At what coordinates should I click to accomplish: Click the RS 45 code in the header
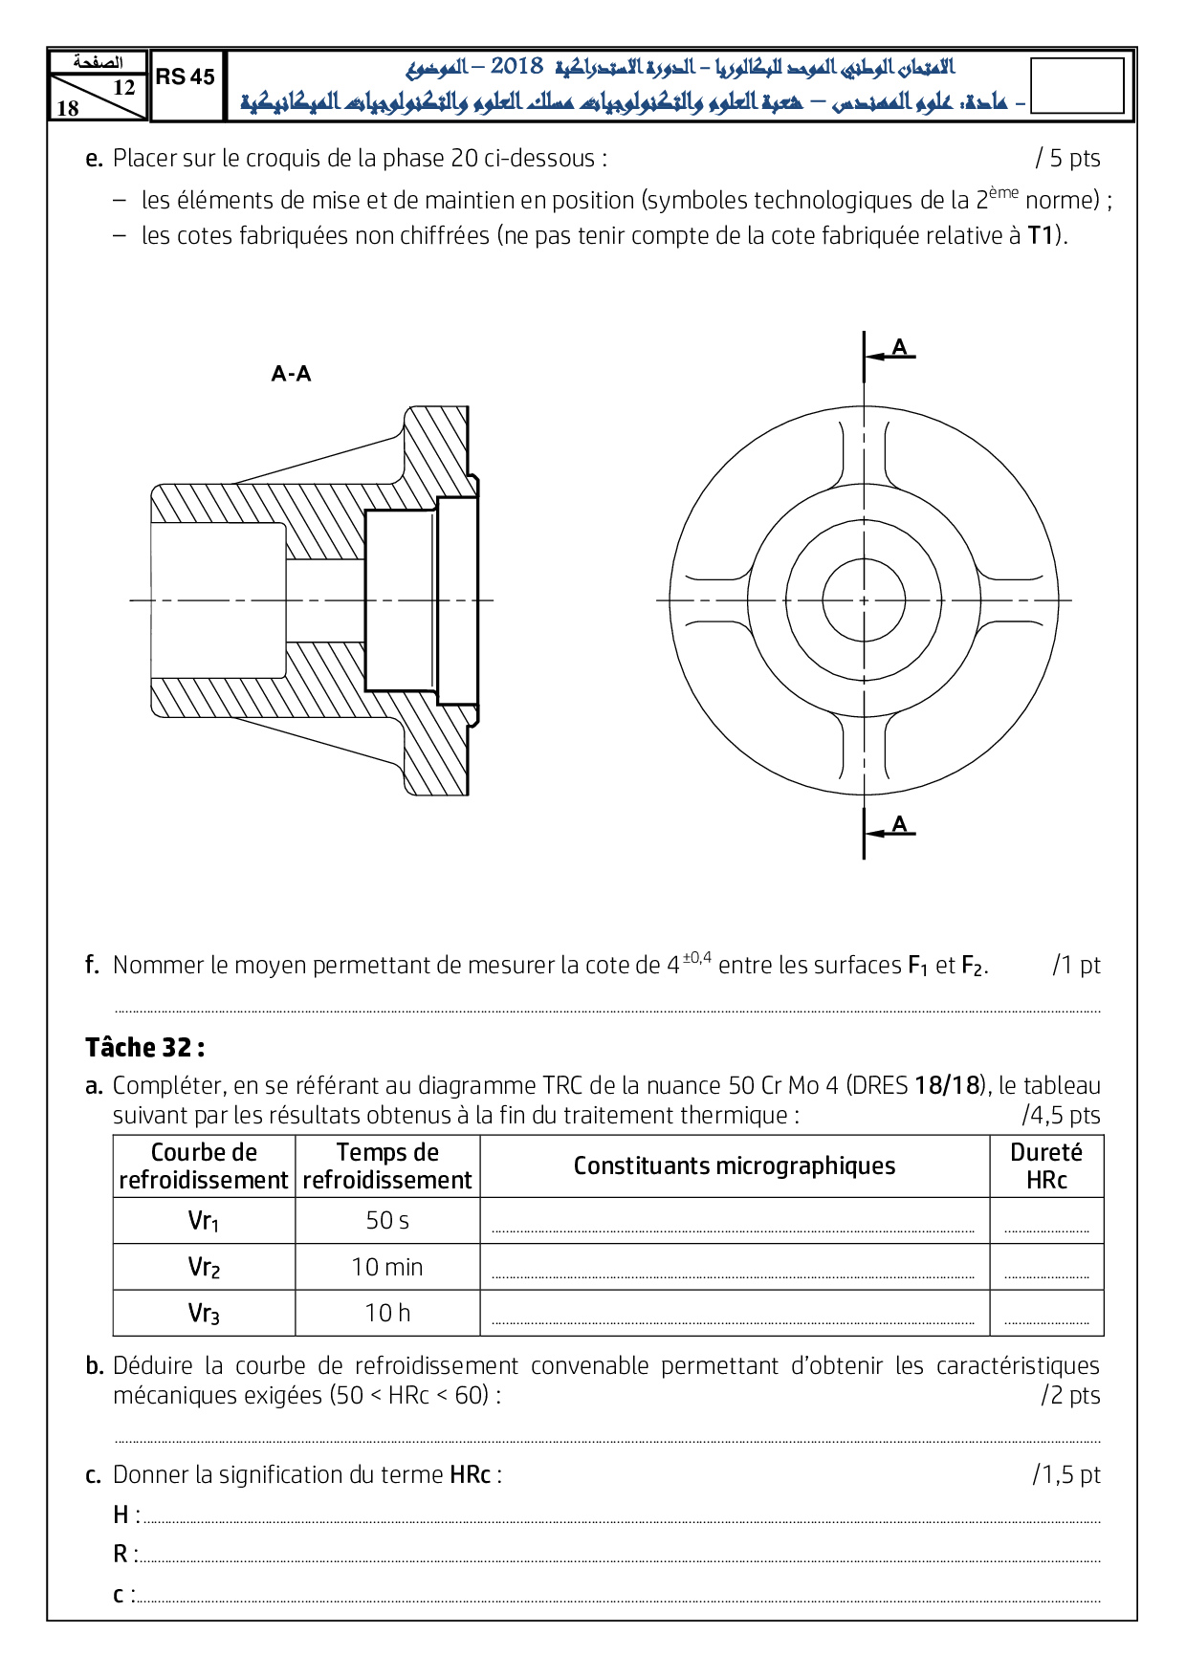point(186,77)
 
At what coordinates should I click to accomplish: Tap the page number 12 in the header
point(124,87)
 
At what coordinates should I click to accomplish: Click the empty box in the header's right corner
point(1077,86)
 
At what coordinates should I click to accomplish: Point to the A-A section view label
point(291,374)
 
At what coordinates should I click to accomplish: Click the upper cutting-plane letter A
point(899,347)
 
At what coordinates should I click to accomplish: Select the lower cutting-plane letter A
point(899,824)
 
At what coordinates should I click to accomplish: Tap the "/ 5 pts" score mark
point(1067,159)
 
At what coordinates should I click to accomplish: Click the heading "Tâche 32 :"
point(144,1048)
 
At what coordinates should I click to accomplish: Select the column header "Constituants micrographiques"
point(735,1166)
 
